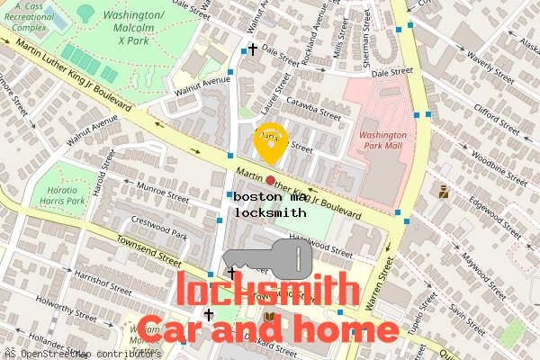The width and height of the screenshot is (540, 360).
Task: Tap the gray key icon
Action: tap(267, 261)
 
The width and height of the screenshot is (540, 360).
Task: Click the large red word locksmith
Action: tap(267, 291)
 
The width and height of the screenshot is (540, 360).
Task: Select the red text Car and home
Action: tap(267, 328)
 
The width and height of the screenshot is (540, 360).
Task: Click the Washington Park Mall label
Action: tap(383, 140)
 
